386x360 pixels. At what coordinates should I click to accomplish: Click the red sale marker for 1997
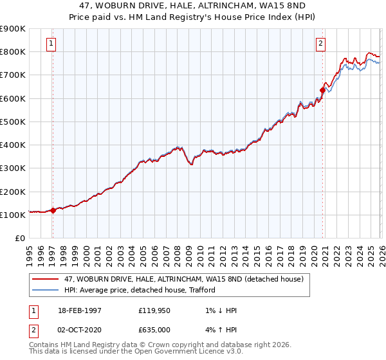[x=53, y=210]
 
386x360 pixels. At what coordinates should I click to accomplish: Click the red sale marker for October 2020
[x=322, y=90]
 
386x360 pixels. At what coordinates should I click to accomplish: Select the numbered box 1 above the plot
[x=51, y=44]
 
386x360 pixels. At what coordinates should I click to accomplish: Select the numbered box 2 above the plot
[x=320, y=44]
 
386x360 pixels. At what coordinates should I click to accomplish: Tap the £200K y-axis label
[x=13, y=192]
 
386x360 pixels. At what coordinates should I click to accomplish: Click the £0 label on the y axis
[x=19, y=238]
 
